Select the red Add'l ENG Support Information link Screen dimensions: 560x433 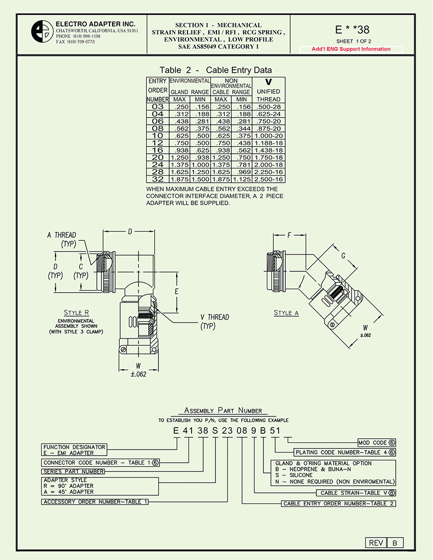pyautogui.click(x=351, y=49)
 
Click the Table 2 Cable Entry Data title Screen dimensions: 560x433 pyautogui.click(x=215, y=70)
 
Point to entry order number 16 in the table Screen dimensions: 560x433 pyautogui.click(x=157, y=150)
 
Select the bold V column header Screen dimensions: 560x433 pyautogui.click(x=268, y=81)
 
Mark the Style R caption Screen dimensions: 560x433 pyautogui.click(x=77, y=313)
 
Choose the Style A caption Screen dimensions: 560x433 pyautogui.click(x=286, y=313)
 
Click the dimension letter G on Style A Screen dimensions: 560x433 pyautogui.click(x=344, y=256)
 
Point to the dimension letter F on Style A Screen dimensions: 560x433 pyautogui.click(x=289, y=236)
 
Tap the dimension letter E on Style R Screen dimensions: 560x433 pyautogui.click(x=176, y=292)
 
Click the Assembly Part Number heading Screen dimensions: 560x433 pyautogui.click(x=223, y=410)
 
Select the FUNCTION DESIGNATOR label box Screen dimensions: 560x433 pyautogui.click(x=74, y=450)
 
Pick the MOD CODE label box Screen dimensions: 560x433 pyautogui.click(x=376, y=443)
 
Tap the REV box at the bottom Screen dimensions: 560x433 pyautogui.click(x=376, y=543)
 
